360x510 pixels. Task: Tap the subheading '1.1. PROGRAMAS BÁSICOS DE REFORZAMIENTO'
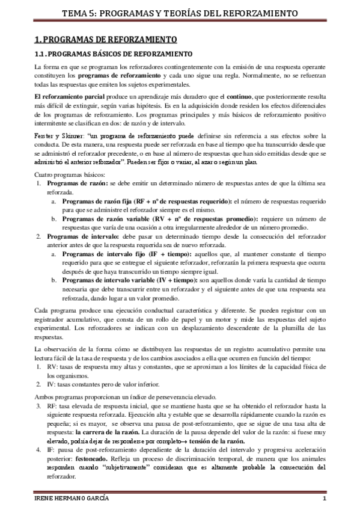pos(112,54)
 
